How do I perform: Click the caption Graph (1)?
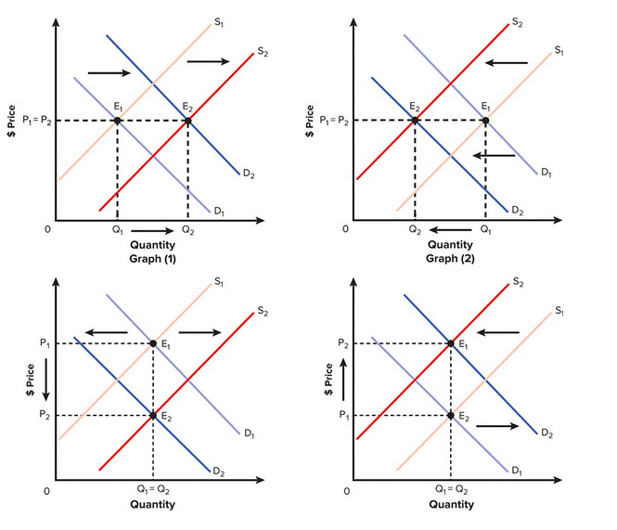point(153,258)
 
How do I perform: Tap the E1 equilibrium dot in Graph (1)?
point(118,121)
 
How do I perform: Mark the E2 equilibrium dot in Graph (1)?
point(188,121)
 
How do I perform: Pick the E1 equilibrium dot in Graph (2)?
point(485,120)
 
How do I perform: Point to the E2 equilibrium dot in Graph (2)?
point(415,120)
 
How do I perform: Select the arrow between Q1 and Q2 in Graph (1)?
point(152,228)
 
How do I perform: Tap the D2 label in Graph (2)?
point(517,212)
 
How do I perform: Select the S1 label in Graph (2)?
point(559,49)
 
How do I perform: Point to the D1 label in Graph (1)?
point(219,212)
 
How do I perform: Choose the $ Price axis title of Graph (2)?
point(312,120)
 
